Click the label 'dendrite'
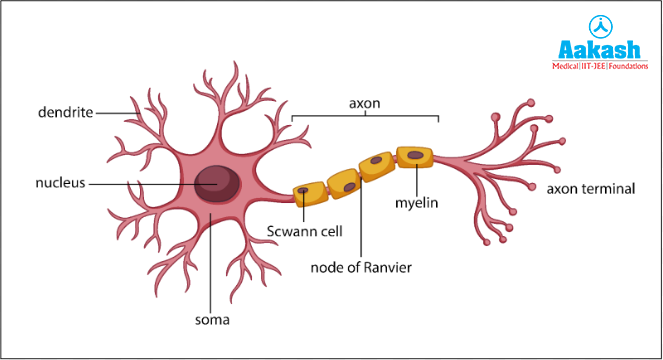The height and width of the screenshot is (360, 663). tap(65, 113)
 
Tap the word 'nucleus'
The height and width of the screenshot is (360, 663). tap(61, 184)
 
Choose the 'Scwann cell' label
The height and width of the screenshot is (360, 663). tap(305, 232)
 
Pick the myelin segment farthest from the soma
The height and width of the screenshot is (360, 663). tap(414, 156)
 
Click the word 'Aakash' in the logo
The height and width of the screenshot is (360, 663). tap(597, 50)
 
